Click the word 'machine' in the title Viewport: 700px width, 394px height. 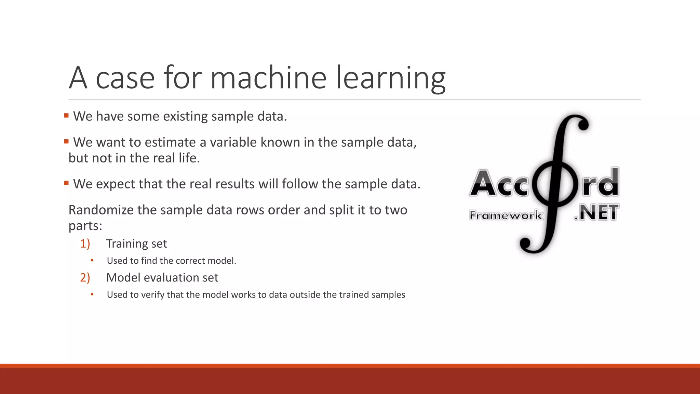tap(269, 78)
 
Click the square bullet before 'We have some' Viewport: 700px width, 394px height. tap(66, 116)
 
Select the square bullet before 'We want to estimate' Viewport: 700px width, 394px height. tap(66, 142)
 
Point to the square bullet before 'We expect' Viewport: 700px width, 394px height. tap(66, 183)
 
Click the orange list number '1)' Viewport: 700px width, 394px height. tap(85, 244)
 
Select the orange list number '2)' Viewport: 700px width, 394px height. tap(85, 277)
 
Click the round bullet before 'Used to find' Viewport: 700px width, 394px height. tap(92, 261)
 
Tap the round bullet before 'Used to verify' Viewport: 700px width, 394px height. tap(92, 295)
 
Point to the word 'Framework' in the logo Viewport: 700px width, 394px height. tap(505, 215)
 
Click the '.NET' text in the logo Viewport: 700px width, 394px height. tap(596, 213)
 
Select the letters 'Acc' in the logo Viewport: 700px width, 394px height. tap(499, 184)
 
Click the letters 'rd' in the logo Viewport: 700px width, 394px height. tap(601, 183)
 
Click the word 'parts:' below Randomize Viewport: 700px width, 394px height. tap(85, 226)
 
